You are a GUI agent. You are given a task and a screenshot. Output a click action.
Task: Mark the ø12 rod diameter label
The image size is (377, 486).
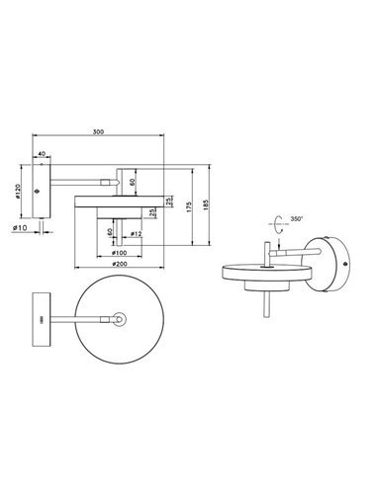(x=136, y=233)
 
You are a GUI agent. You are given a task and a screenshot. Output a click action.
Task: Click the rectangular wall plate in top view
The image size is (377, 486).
(x=41, y=321)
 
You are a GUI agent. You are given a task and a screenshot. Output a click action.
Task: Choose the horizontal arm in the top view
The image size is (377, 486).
(x=84, y=320)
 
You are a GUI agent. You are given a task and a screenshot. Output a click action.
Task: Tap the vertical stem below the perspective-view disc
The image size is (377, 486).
(x=267, y=301)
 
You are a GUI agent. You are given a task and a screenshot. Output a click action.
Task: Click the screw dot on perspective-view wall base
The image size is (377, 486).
(x=341, y=263)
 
